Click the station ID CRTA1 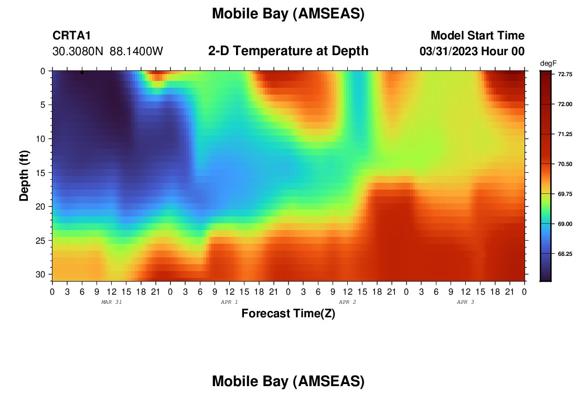click(x=71, y=35)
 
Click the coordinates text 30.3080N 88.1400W click(x=108, y=51)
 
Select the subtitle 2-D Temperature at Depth click(x=288, y=51)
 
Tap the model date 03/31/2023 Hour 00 click(x=472, y=51)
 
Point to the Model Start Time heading click(x=478, y=35)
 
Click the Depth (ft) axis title click(x=24, y=175)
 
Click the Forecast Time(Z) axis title click(x=288, y=313)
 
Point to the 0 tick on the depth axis click(x=43, y=71)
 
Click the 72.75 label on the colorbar click(x=565, y=75)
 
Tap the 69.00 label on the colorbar click(x=565, y=224)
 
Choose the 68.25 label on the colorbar click(x=565, y=254)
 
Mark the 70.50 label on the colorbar click(x=565, y=164)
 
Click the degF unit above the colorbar click(x=548, y=64)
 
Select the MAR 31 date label click(x=112, y=302)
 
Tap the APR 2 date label click(x=347, y=302)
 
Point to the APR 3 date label click(x=465, y=302)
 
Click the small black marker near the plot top click(x=82, y=72)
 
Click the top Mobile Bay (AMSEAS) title click(x=288, y=14)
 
